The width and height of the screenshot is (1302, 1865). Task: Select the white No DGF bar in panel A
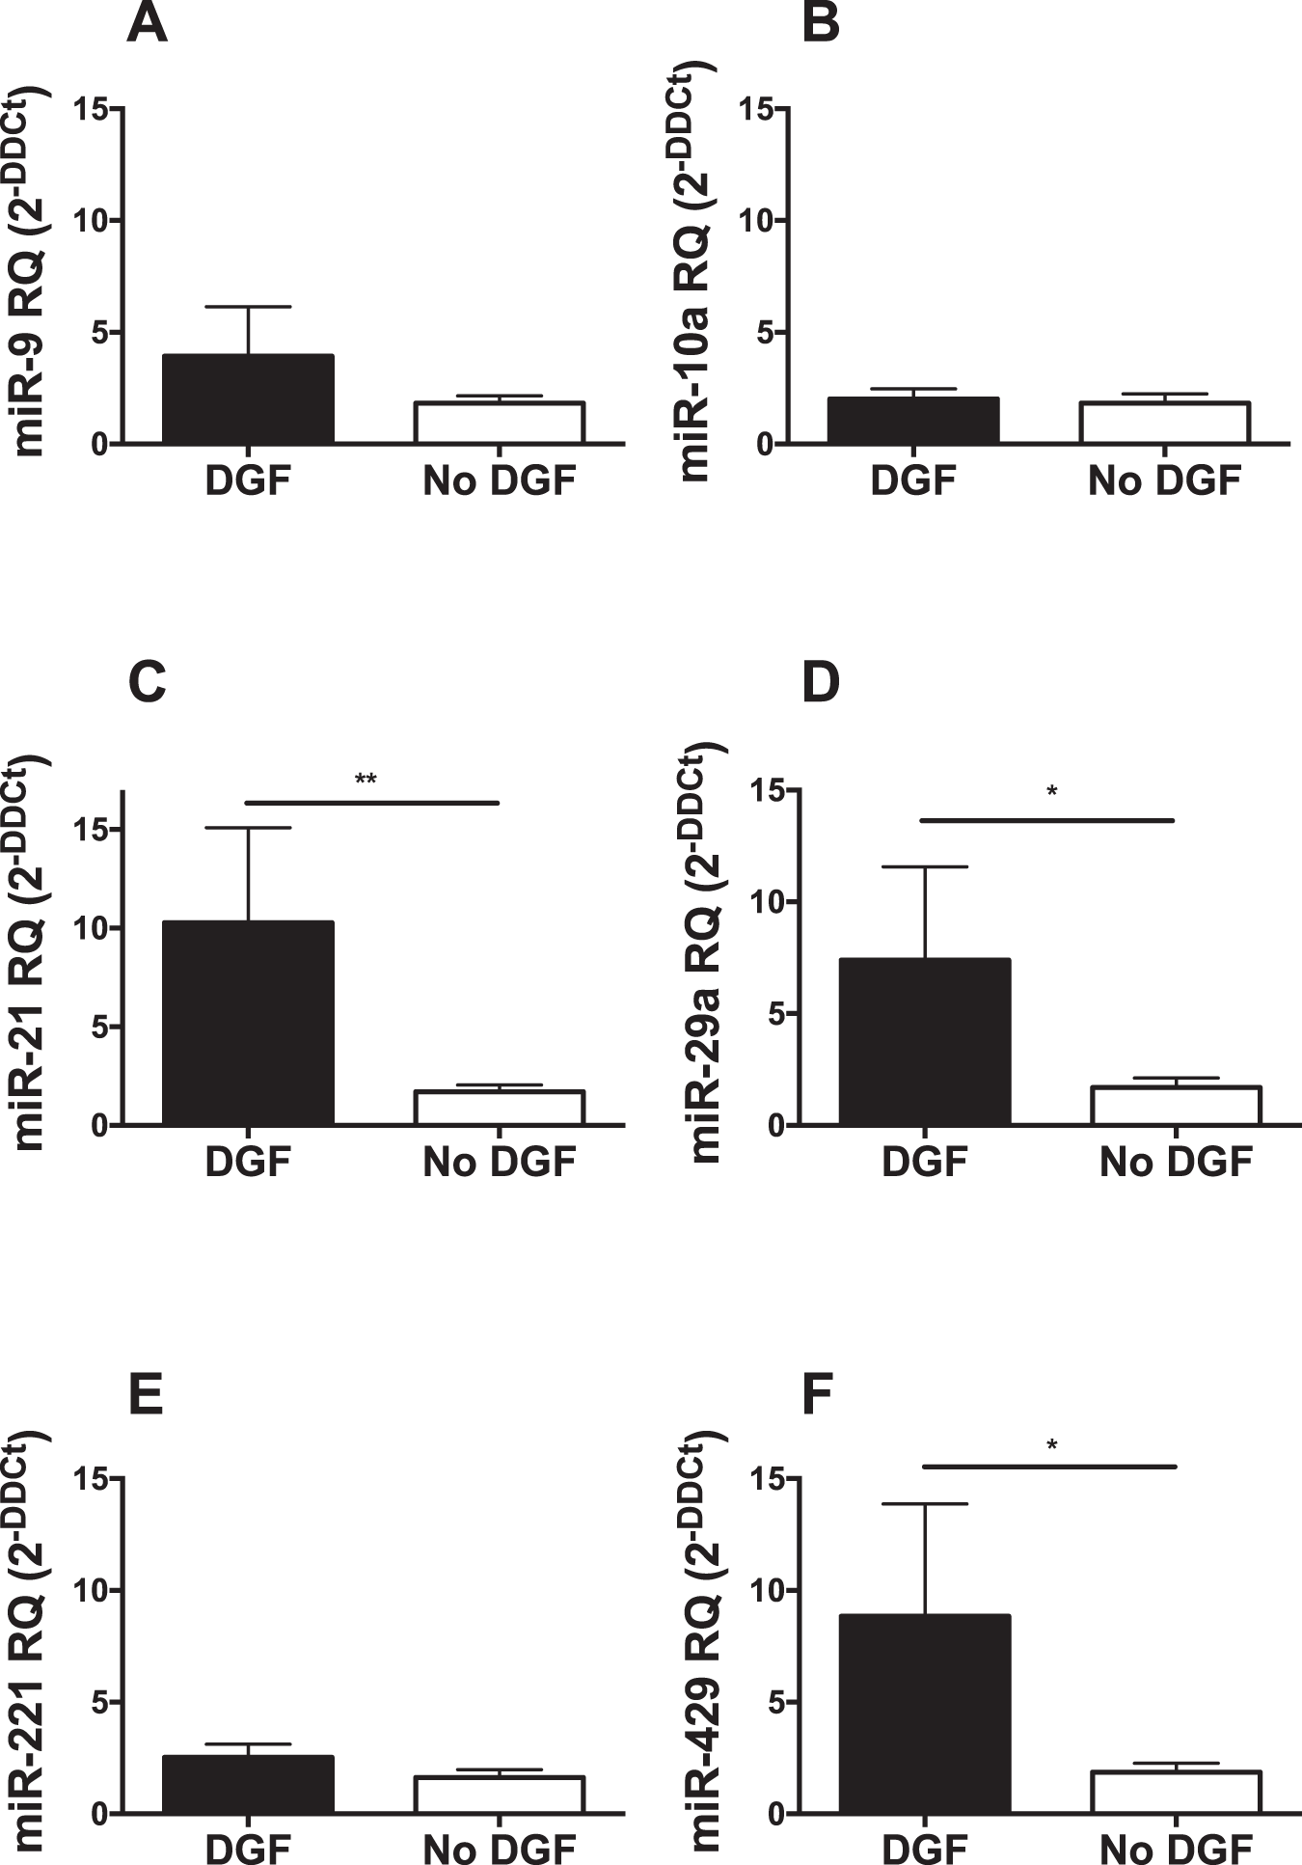coord(499,423)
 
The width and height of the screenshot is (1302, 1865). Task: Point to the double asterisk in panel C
coord(366,780)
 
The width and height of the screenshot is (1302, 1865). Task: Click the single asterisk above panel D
coord(1052,793)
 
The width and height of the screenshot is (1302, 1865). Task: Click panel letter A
coord(147,26)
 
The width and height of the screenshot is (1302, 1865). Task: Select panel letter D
coord(821,683)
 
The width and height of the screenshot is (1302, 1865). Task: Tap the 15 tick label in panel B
coord(759,109)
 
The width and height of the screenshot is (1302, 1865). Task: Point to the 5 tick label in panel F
coord(769,1703)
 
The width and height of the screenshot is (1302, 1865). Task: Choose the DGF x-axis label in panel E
coord(247,1849)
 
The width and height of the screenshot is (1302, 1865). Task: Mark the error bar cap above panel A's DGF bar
coord(248,307)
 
